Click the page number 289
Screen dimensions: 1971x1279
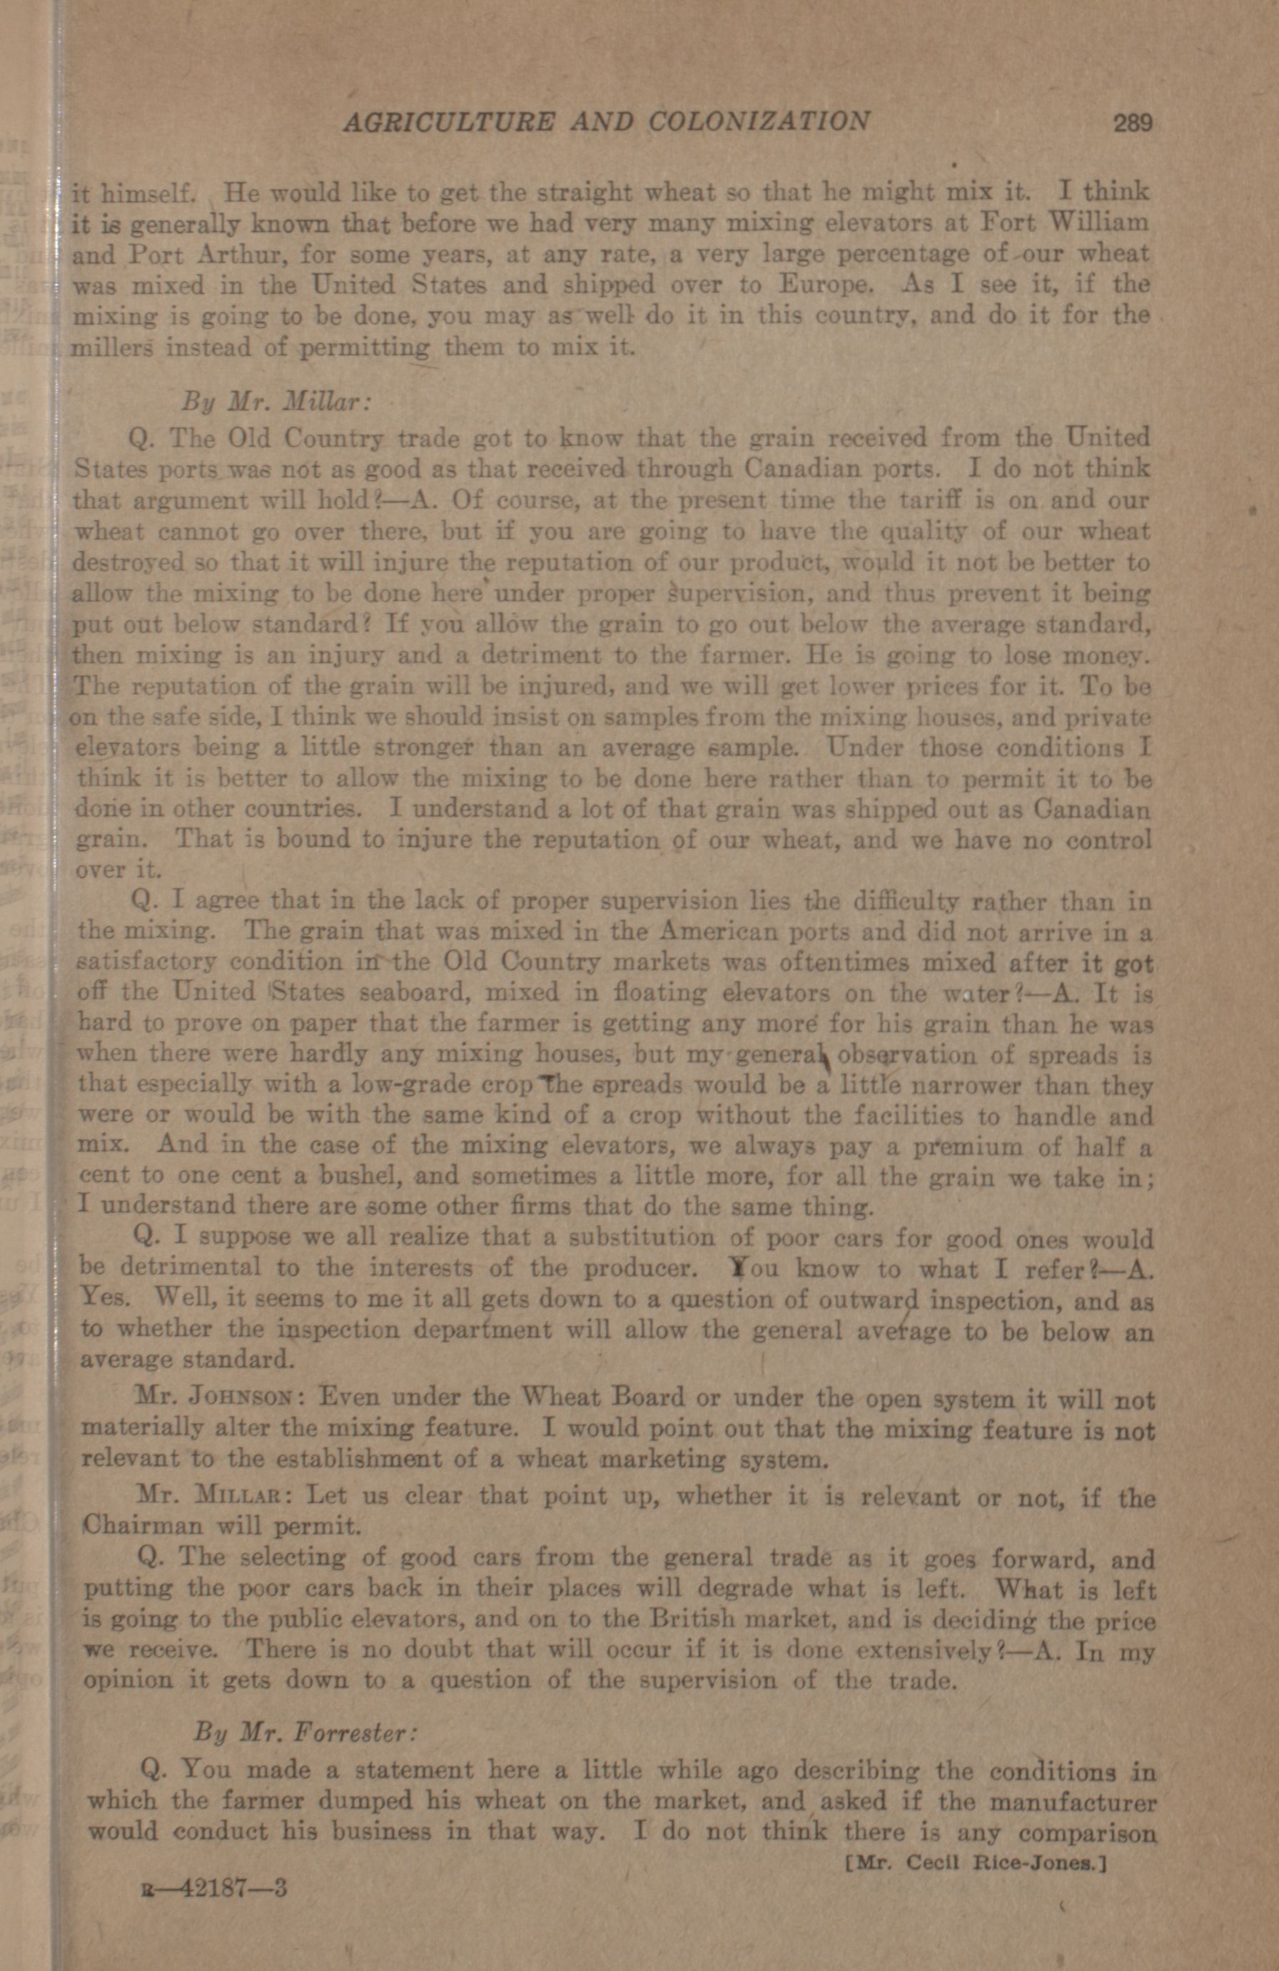click(1133, 123)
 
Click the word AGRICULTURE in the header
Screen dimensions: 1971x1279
click(448, 123)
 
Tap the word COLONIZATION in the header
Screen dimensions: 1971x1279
click(759, 123)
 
